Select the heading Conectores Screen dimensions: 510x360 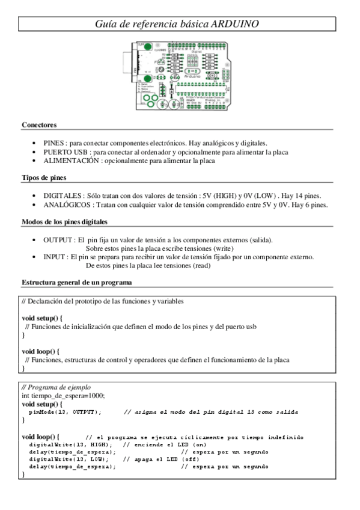(39, 125)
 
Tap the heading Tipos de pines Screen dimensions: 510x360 (44, 179)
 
